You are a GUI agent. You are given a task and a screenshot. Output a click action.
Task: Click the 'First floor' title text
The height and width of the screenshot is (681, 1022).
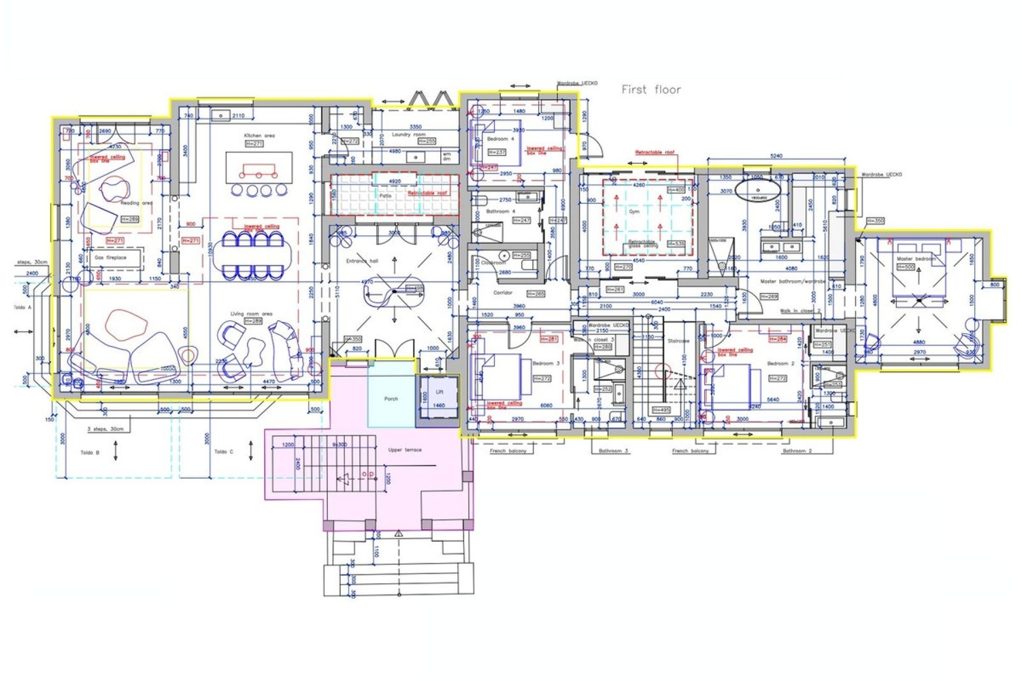point(651,90)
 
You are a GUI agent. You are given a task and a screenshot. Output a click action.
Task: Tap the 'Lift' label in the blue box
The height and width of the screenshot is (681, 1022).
point(440,392)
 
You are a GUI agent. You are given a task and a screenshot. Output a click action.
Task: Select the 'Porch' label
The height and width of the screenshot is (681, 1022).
point(391,398)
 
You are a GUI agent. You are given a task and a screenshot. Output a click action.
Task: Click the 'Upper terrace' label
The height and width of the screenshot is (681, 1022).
point(405,450)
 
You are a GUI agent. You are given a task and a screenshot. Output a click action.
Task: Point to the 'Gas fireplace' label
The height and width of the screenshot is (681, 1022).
point(111,258)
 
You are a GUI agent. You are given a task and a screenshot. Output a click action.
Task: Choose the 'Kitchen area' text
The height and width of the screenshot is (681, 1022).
point(259,136)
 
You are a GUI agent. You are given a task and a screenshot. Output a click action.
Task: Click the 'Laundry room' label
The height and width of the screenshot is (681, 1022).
point(408,135)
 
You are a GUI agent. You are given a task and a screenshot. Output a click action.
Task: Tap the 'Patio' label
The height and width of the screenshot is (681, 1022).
point(385,196)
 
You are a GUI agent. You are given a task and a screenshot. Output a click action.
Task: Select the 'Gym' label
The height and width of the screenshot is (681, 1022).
point(634,211)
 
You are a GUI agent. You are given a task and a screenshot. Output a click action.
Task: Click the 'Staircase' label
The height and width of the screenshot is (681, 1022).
point(678,340)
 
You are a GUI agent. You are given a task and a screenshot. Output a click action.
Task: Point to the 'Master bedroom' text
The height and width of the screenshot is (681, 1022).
point(916,259)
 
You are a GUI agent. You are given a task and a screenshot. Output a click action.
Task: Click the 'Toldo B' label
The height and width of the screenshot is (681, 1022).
point(90,453)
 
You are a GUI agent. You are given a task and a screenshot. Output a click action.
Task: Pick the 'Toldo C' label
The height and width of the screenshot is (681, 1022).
point(224,452)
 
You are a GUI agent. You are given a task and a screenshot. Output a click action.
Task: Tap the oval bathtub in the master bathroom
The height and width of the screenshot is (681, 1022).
point(758,189)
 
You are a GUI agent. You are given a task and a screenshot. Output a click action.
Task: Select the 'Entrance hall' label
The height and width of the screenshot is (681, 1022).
point(362,261)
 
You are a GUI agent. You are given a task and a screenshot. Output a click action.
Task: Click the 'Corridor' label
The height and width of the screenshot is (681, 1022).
point(502,293)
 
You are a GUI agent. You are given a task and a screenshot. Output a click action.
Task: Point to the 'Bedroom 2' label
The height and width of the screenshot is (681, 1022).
point(780,363)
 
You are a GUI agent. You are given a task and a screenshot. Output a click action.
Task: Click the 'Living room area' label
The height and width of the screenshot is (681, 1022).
point(251,314)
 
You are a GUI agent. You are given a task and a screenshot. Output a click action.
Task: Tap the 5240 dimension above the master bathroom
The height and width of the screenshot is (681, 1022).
point(777,156)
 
